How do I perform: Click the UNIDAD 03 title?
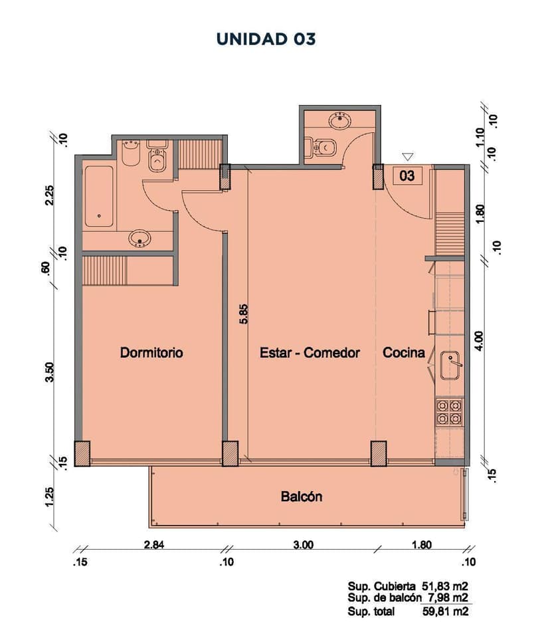pos(266,39)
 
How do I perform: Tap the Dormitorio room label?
pos(151,352)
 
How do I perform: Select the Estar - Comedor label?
pos(310,352)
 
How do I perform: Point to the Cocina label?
pos(404,352)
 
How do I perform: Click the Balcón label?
pos(302,496)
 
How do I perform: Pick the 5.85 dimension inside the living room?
pos(244,314)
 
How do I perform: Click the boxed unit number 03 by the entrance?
pos(407,175)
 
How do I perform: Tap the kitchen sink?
pos(450,365)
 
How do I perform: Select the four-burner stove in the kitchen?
pos(449,411)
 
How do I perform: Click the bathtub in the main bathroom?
pos(99,196)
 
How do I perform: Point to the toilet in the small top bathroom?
pos(321,147)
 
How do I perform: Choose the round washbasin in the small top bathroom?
pos(339,120)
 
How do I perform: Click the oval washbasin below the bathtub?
pos(140,239)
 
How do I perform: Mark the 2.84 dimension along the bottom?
pos(154,544)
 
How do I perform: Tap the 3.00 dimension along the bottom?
pos(304,544)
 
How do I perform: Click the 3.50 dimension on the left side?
pos(50,372)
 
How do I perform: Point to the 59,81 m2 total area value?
pos(446,611)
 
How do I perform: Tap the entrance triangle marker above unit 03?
pos(408,157)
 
